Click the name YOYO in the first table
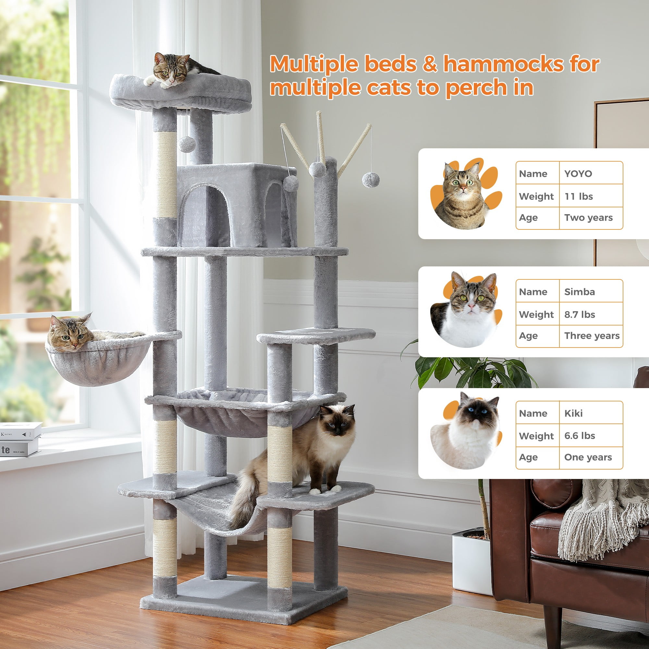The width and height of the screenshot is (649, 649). coord(578,174)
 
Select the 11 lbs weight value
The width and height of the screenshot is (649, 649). coord(579,196)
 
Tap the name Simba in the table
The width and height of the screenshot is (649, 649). coord(580,292)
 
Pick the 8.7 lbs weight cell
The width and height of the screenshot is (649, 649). coord(580,314)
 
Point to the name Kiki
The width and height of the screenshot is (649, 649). coord(573,413)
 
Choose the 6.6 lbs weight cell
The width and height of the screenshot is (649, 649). coord(580,436)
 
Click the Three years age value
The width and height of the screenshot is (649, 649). coord(592,336)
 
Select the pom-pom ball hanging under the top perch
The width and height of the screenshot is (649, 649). coord(187,144)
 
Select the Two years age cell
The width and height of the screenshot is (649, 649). coord(588,218)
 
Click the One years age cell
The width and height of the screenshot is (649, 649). coord(588,457)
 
